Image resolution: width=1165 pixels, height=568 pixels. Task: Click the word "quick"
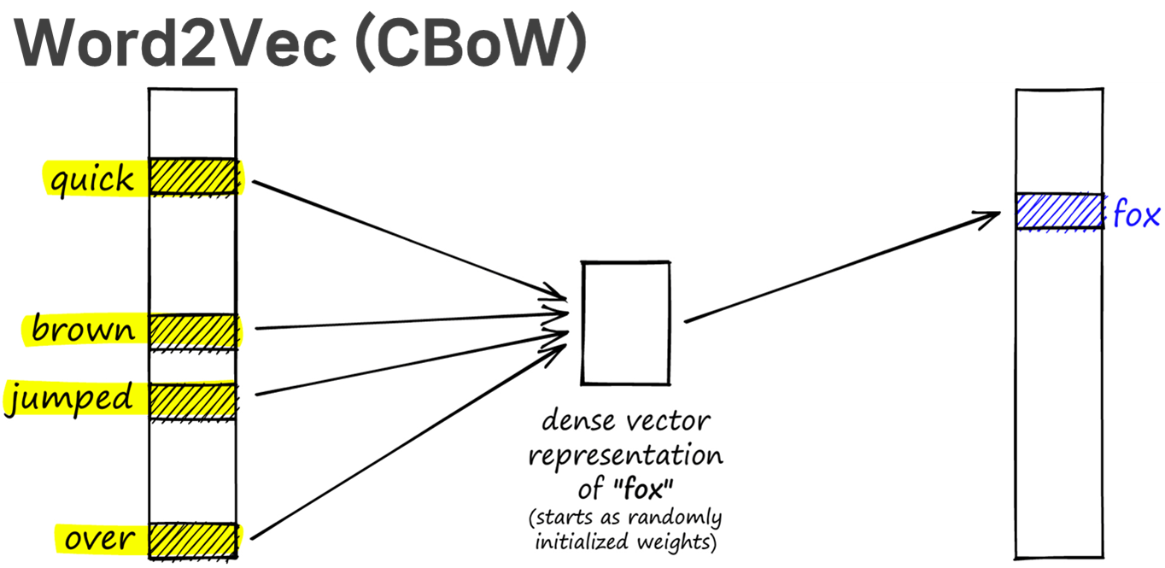[x=91, y=180]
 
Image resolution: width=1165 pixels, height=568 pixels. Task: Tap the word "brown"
[x=83, y=330]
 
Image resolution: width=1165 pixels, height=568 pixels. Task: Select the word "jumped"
[x=70, y=399]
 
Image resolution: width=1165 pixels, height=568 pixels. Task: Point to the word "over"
[x=99, y=539]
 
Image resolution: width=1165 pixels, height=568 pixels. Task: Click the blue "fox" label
[x=1136, y=215]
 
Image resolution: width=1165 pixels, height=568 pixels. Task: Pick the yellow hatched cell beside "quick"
[x=192, y=177]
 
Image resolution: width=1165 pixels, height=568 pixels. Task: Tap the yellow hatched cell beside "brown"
[x=192, y=331]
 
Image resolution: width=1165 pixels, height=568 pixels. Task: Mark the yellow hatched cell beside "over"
[x=192, y=540]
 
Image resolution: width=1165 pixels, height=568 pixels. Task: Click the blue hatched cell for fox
[x=1058, y=212]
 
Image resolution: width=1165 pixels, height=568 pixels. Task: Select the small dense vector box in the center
[x=625, y=323]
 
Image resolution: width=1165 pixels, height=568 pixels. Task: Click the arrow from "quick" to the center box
[x=410, y=240]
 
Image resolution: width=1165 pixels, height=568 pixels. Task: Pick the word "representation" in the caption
[x=625, y=455]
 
